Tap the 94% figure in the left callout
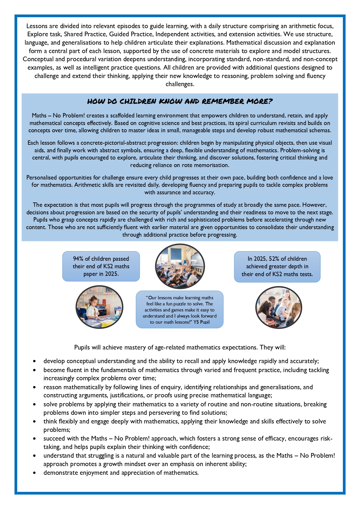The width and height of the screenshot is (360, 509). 78,259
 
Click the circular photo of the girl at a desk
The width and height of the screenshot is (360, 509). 100,307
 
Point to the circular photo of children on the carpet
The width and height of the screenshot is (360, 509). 180,266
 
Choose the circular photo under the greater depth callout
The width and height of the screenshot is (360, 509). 279,307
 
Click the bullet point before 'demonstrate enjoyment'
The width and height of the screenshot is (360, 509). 35,473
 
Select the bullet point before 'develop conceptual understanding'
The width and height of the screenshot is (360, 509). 35,361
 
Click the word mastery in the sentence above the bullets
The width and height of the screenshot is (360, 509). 140,347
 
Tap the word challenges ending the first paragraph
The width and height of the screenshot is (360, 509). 180,84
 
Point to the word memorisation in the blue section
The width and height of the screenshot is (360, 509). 213,165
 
